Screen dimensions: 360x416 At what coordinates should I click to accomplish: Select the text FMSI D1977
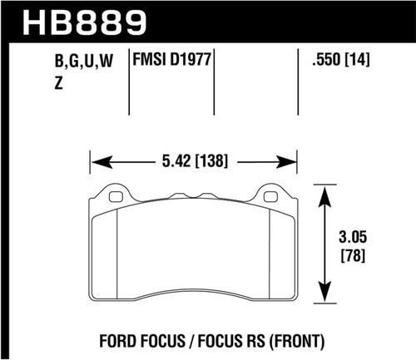(171, 59)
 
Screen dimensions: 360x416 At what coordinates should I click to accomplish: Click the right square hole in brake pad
(271, 197)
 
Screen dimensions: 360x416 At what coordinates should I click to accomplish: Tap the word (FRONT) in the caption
(292, 340)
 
